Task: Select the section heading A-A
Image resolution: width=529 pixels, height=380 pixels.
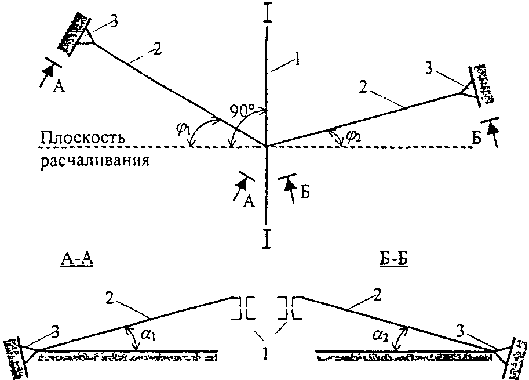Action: (x=76, y=262)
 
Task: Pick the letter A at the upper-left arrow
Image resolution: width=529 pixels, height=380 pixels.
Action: (x=59, y=87)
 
